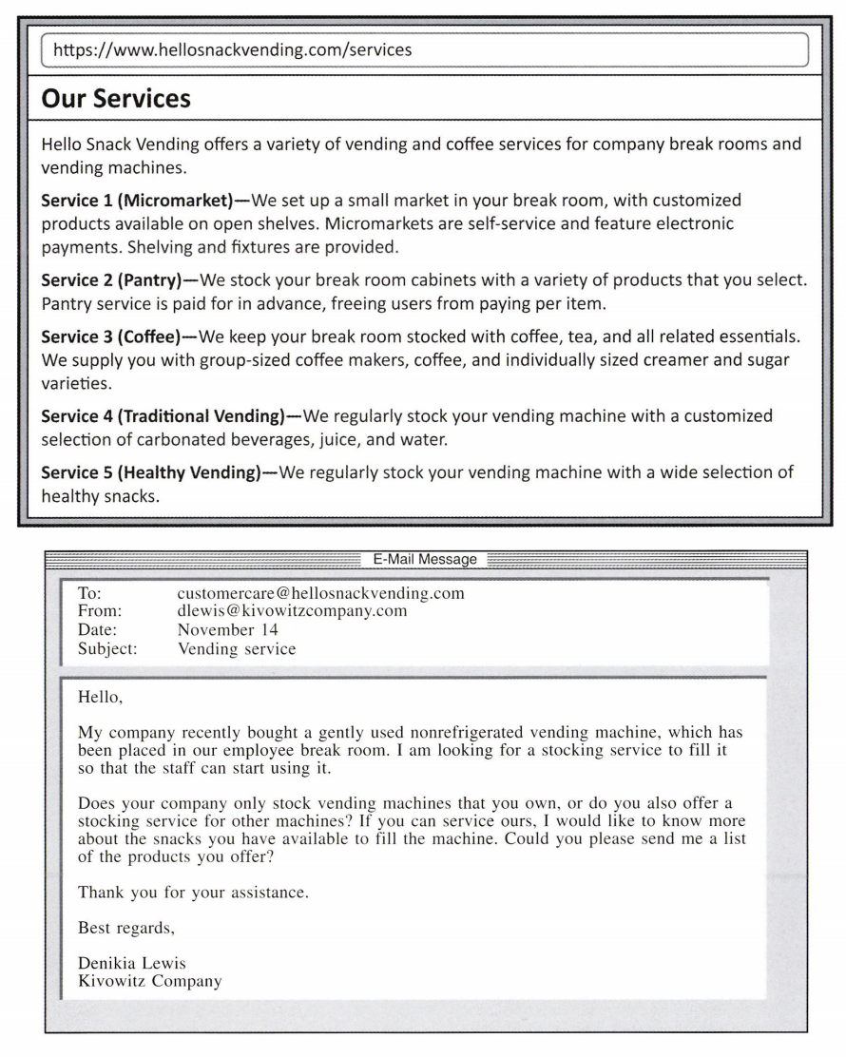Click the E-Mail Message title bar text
click(x=425, y=560)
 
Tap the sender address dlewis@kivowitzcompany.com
click(x=292, y=611)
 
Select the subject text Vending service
click(x=237, y=649)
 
